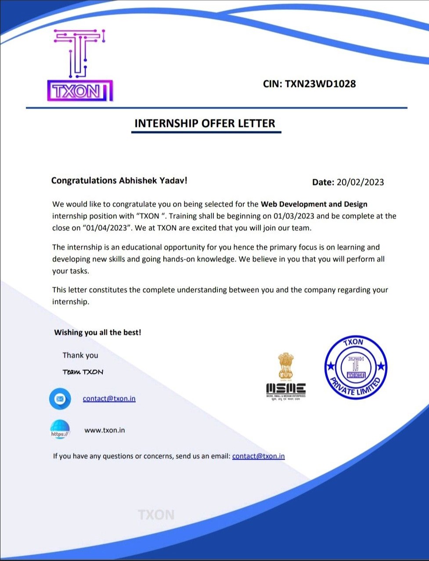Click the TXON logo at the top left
point(79,65)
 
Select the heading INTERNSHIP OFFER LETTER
point(205,123)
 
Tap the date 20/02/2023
point(360,182)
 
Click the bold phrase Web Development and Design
point(314,204)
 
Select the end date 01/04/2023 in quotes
point(107,228)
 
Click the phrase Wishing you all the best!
point(97,333)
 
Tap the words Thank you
point(80,355)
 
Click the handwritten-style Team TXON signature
point(83,372)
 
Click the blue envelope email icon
point(60,399)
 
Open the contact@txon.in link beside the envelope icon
point(109,399)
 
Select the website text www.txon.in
point(105,431)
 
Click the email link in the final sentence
point(258,456)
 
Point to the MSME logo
point(286,376)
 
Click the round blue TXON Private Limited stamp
point(356,368)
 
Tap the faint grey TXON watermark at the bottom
point(156,515)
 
